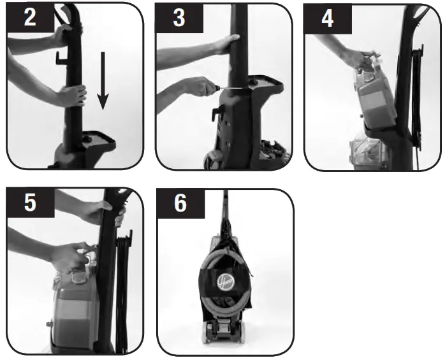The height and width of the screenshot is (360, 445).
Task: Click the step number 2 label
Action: click(x=29, y=18)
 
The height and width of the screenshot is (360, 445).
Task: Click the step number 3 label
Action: click(x=179, y=18)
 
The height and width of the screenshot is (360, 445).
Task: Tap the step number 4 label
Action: click(x=327, y=18)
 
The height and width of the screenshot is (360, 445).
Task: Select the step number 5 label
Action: click(x=29, y=203)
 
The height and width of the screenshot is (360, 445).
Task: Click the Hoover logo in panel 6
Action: click(x=225, y=283)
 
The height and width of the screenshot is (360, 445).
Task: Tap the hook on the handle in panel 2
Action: click(x=61, y=59)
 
